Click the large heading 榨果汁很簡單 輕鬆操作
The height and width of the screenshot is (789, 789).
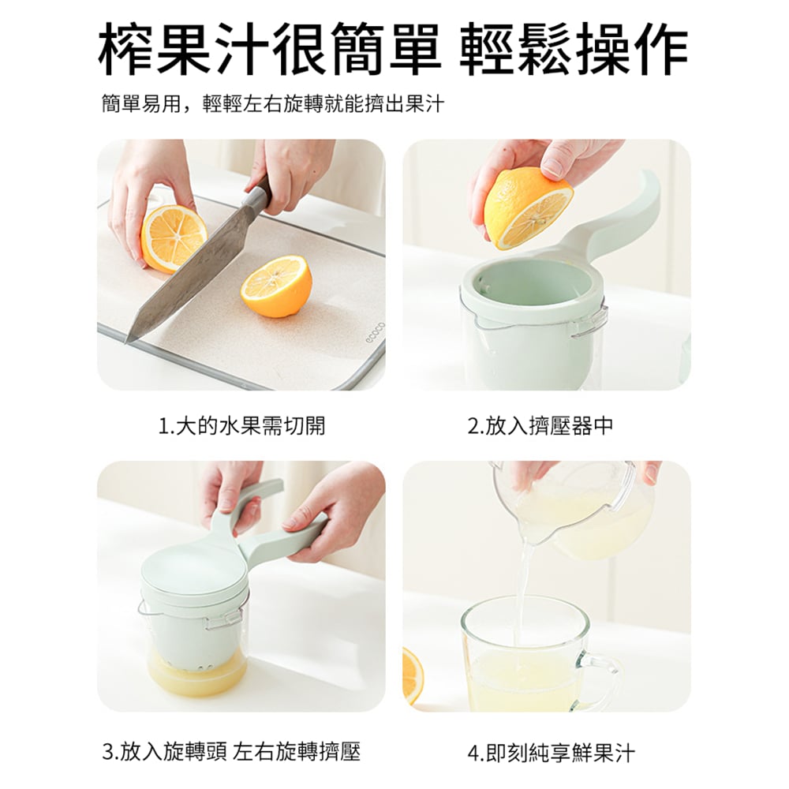click(393, 49)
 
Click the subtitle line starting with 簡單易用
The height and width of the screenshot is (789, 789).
click(273, 104)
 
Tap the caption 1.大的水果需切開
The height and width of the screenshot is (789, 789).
click(242, 426)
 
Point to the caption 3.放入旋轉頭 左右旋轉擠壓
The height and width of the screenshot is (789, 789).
click(231, 752)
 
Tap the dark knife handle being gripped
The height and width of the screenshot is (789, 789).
click(260, 194)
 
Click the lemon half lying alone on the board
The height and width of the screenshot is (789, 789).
click(276, 286)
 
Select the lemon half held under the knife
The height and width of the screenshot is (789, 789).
click(173, 238)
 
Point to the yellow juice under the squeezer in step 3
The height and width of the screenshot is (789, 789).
click(196, 675)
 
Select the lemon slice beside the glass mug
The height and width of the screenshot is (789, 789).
click(413, 676)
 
